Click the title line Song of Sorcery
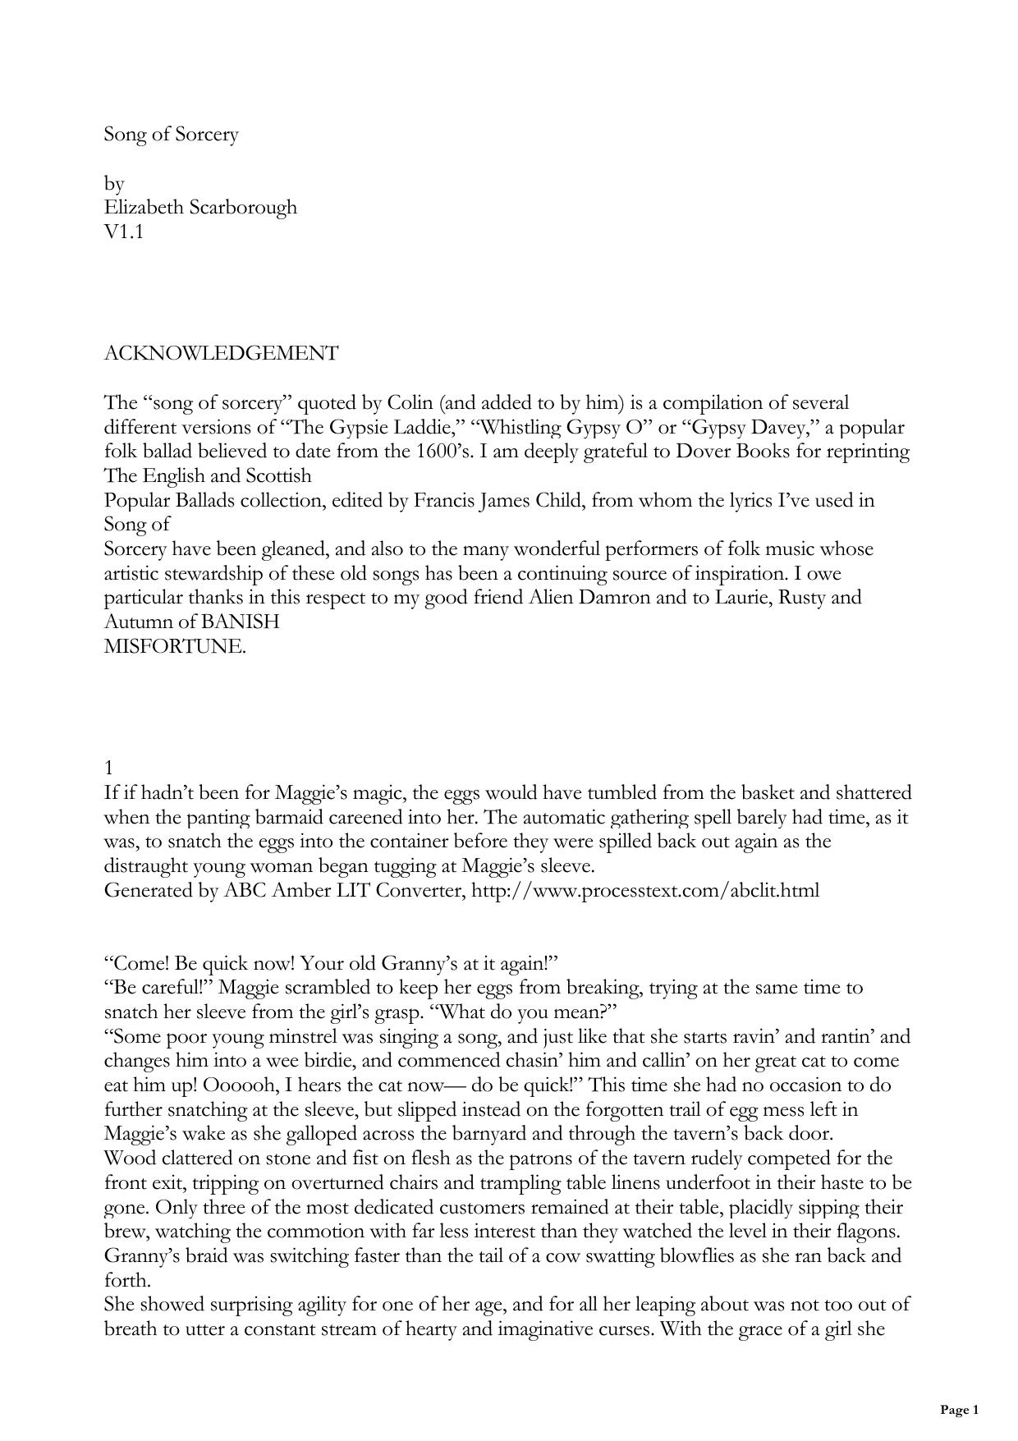pos(171,135)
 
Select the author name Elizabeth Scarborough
pos(200,207)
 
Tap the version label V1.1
pos(124,232)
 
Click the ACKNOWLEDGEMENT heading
pos(221,354)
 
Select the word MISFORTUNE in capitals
pos(175,646)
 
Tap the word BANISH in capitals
pos(240,622)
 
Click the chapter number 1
pos(109,768)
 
